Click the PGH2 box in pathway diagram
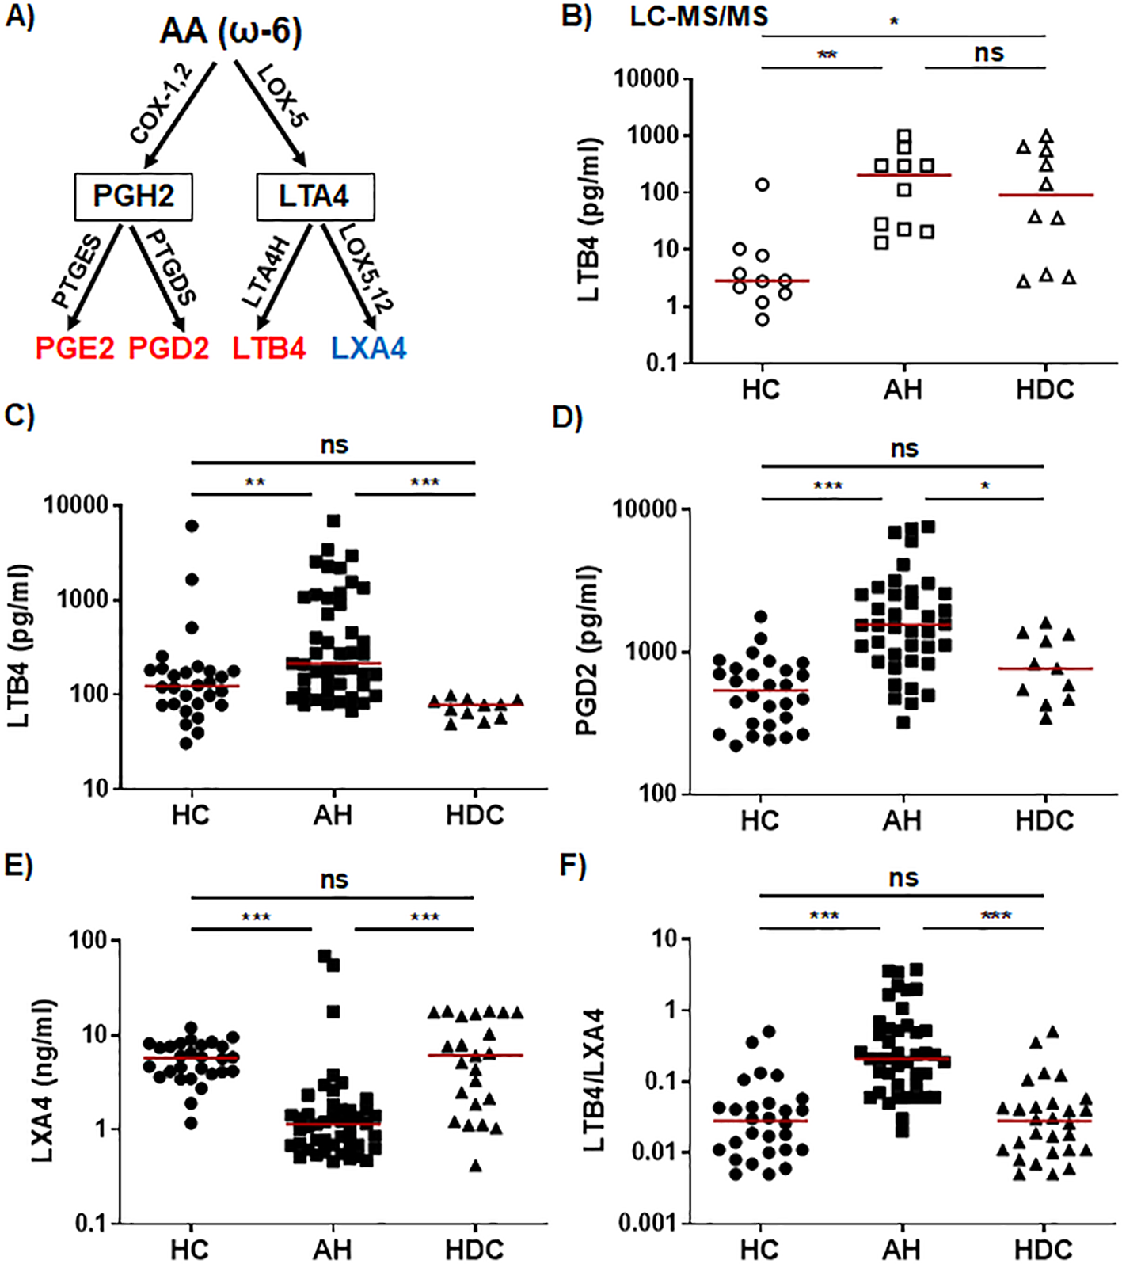pyautogui.click(x=133, y=196)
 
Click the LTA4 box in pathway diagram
pyautogui.click(x=314, y=196)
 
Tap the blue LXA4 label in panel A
pyautogui.click(x=369, y=348)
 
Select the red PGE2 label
pyautogui.click(x=75, y=348)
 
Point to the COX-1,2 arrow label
pyautogui.click(x=162, y=105)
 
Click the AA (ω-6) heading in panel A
pyautogui.click(x=230, y=32)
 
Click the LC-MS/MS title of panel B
pyautogui.click(x=698, y=16)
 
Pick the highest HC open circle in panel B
pyautogui.click(x=763, y=185)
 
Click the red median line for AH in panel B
pyautogui.click(x=903, y=175)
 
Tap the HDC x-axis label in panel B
pyautogui.click(x=1045, y=390)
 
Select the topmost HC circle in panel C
pyautogui.click(x=192, y=526)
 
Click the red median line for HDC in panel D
pyautogui.click(x=1045, y=668)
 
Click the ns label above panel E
pyautogui.click(x=334, y=880)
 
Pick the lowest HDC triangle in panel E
pyautogui.click(x=475, y=1165)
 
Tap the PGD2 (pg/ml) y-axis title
pyautogui.click(x=587, y=651)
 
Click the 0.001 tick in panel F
pyautogui.click(x=648, y=1224)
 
